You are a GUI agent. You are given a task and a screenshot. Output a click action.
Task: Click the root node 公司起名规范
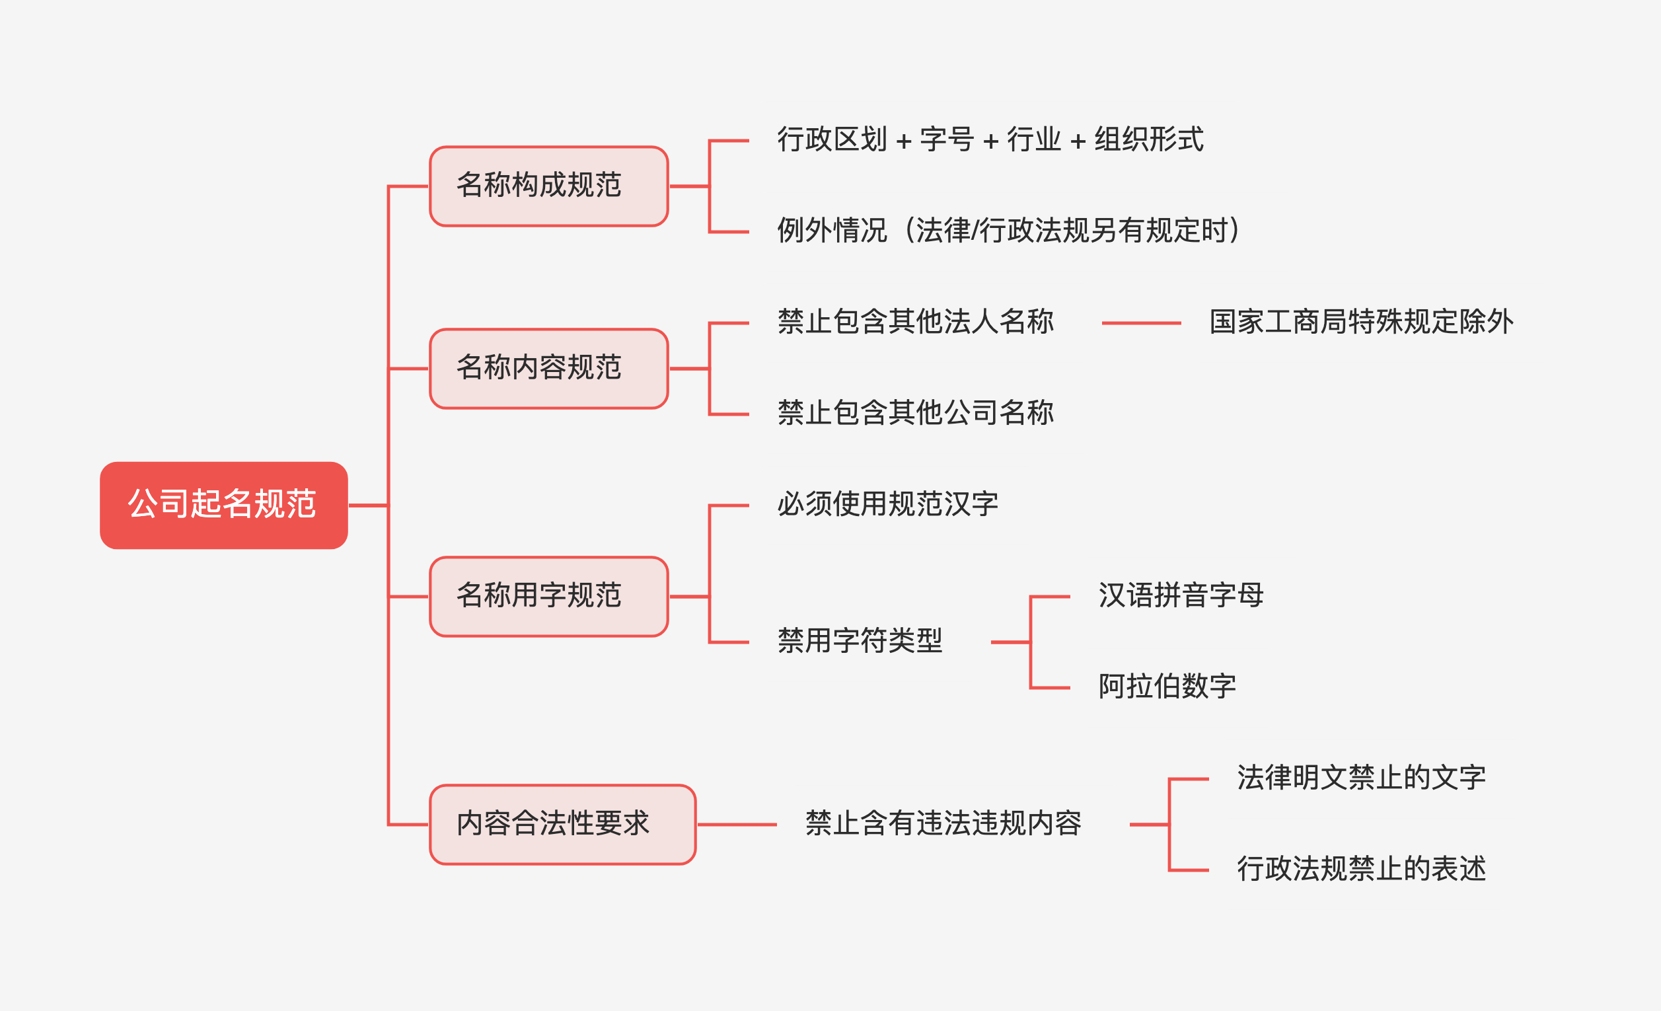[223, 505]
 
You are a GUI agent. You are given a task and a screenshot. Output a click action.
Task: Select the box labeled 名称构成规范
[549, 186]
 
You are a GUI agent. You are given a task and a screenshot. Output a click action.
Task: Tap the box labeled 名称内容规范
[549, 369]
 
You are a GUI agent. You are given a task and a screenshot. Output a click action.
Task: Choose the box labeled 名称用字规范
[549, 597]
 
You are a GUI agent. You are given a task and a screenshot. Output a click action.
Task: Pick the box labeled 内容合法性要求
[562, 824]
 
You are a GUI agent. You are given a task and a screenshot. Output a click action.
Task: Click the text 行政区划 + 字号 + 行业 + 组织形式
[990, 140]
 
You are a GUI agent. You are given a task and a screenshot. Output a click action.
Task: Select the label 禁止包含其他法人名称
[916, 322]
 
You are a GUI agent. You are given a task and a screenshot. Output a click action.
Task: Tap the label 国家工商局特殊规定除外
[1361, 322]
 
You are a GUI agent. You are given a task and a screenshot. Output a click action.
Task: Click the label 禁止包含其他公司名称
[916, 413]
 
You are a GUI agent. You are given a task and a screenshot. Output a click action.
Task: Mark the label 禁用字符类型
[860, 641]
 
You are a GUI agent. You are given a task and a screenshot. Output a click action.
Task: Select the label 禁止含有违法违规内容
[943, 823]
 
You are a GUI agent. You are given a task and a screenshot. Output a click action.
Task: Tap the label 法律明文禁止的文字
[1360, 778]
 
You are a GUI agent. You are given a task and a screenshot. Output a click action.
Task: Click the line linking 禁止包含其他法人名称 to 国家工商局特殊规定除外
[1140, 324]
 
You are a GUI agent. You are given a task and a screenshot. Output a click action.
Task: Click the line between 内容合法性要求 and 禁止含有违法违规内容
[737, 824]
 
